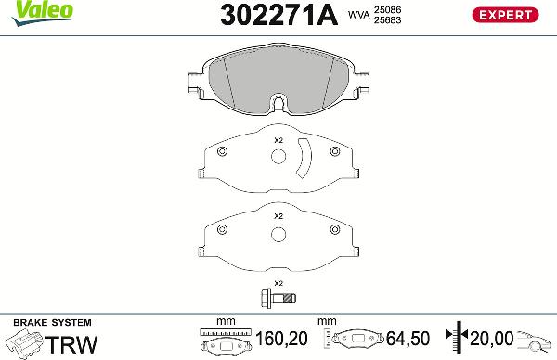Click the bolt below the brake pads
click(x=278, y=298)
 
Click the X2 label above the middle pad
click(x=278, y=141)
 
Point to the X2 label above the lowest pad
click(x=278, y=215)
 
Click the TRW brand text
click(x=71, y=344)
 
